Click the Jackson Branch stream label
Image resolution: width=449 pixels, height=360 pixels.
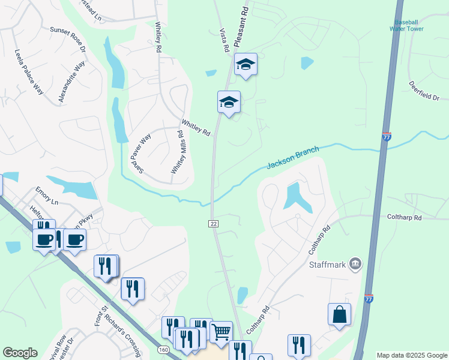pos(292,158)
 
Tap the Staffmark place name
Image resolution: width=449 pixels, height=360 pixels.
pos(328,264)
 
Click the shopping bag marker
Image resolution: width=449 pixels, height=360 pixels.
pos(339,314)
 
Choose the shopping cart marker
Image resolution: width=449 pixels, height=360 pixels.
pos(221,331)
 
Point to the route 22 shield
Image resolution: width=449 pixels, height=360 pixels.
pos(213,223)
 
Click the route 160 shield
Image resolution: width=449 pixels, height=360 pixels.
pos(163,350)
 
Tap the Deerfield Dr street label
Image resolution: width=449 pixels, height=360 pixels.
pos(424,91)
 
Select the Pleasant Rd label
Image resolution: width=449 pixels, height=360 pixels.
pos(241,28)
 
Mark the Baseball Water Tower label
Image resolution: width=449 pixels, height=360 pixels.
pos(406,25)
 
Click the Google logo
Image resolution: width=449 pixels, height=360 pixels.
pos(20,353)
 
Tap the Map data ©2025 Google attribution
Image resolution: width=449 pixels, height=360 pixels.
pos(411,355)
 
